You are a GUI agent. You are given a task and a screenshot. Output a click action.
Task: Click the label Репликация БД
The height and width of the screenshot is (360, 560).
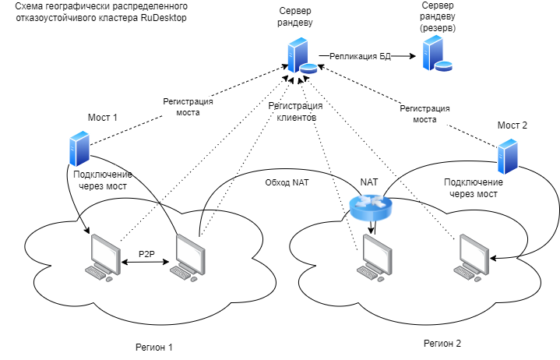360,56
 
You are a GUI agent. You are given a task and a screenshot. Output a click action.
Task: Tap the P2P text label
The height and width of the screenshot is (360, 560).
147,254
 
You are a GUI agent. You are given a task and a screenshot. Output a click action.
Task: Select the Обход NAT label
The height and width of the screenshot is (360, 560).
287,182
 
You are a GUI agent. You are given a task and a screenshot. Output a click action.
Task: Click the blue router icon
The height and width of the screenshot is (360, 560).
371,206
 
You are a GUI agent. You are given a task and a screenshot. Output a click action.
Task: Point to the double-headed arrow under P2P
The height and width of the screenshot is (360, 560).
147,263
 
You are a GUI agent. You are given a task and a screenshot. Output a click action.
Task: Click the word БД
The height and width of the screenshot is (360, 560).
385,56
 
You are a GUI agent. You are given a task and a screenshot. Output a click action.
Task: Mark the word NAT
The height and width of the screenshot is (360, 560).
301,182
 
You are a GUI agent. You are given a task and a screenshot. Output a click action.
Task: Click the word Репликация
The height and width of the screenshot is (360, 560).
353,56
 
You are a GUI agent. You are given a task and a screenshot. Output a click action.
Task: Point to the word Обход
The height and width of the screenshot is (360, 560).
277,182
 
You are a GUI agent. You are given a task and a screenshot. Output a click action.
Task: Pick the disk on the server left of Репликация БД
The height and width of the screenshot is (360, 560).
309,68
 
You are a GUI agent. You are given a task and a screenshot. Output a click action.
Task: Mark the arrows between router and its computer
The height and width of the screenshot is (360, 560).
372,225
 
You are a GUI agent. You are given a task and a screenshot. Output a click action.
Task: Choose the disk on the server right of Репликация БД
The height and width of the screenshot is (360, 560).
444,65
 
